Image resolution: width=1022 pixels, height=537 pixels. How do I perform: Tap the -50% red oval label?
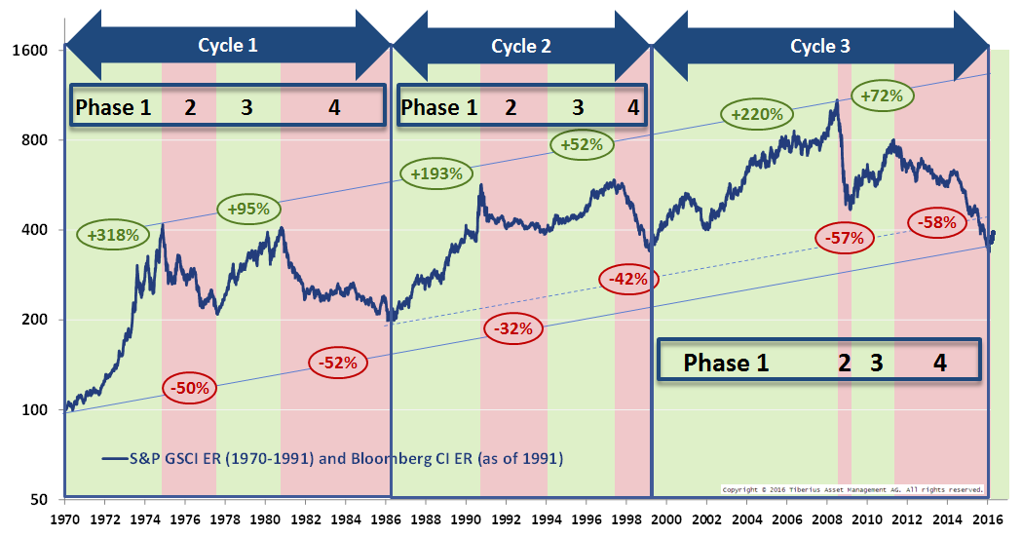click(x=190, y=388)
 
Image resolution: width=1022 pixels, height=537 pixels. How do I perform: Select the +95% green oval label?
click(x=248, y=209)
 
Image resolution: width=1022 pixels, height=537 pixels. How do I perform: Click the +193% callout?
click(x=435, y=173)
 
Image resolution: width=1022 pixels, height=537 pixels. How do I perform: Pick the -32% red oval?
click(x=511, y=328)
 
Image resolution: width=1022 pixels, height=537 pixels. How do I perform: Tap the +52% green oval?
click(x=582, y=144)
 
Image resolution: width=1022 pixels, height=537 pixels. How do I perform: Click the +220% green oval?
click(x=757, y=114)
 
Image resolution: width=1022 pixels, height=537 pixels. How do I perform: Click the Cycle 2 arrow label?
click(x=520, y=46)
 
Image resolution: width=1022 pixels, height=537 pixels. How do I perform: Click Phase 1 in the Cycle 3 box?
click(x=726, y=363)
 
